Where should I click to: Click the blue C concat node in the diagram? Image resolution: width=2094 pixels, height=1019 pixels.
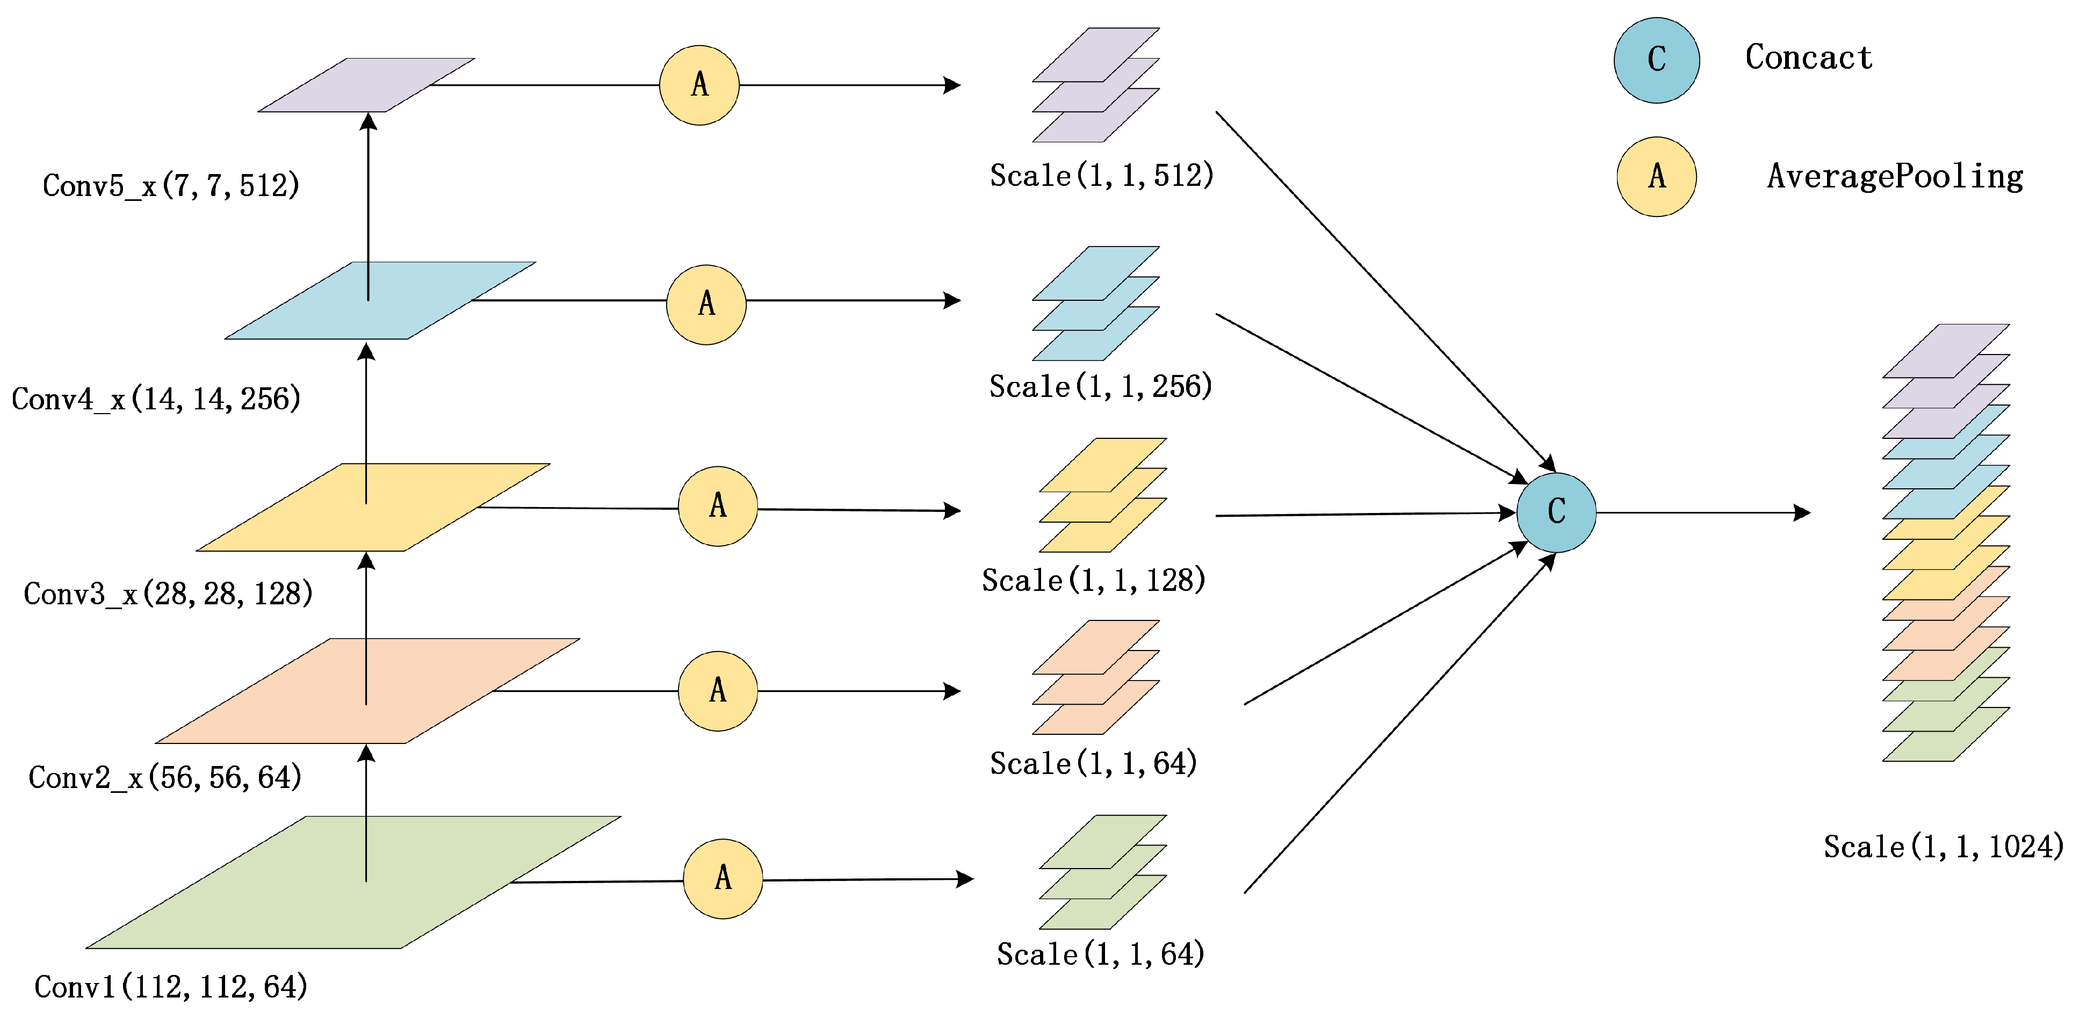pyautogui.click(x=1556, y=512)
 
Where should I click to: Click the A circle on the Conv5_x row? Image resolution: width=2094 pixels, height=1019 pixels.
pyautogui.click(x=699, y=84)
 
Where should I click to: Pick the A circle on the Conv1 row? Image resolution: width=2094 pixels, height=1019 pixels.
pyautogui.click(x=723, y=878)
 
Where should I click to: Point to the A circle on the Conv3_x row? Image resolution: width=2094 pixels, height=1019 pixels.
pyautogui.click(x=718, y=506)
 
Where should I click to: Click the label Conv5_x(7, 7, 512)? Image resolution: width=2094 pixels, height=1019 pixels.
pyautogui.click(x=171, y=185)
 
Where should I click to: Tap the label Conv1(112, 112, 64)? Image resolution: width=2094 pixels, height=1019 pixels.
pyautogui.click(x=171, y=986)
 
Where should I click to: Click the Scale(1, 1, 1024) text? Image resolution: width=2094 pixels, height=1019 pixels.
pyautogui.click(x=1943, y=847)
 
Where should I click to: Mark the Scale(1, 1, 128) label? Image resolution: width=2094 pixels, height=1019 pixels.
pyautogui.click(x=1093, y=580)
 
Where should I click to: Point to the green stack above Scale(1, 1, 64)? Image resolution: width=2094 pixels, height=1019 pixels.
pyautogui.click(x=1102, y=872)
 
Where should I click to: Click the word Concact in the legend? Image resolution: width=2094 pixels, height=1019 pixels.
pyautogui.click(x=1809, y=57)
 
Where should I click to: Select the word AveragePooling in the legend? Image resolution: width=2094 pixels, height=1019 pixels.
pyautogui.click(x=1895, y=176)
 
